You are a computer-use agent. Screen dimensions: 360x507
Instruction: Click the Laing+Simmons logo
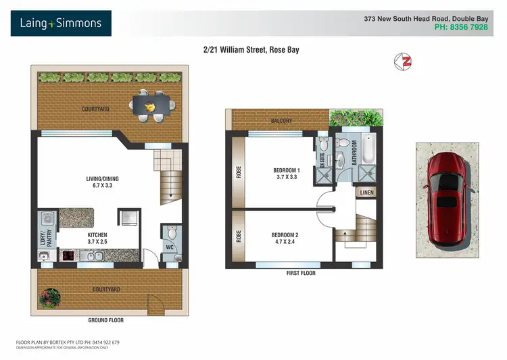pyautogui.click(x=61, y=24)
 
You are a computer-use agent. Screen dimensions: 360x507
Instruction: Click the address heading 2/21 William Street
pyautogui.click(x=251, y=50)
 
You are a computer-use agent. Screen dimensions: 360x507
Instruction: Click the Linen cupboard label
pyautogui.click(x=366, y=192)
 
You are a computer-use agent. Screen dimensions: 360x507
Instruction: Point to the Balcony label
pyautogui.click(x=282, y=121)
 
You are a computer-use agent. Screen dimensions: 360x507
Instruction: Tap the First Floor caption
pyautogui.click(x=301, y=274)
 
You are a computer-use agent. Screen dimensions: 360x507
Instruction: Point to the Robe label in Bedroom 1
pyautogui.click(x=239, y=172)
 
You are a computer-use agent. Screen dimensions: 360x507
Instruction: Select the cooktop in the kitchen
pyautogui.click(x=69, y=256)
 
